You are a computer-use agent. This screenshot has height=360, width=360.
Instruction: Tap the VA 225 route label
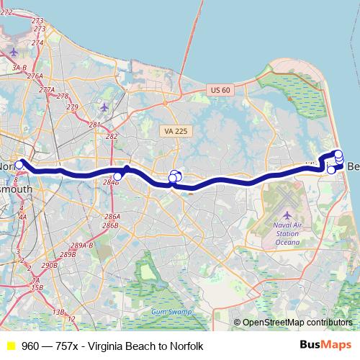click(174, 130)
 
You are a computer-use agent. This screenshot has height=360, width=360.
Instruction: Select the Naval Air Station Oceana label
click(287, 233)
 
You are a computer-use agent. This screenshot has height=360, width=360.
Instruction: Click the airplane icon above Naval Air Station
click(287, 215)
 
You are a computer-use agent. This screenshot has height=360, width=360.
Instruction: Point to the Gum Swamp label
click(167, 312)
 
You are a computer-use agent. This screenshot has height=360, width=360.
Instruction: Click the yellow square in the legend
click(10, 346)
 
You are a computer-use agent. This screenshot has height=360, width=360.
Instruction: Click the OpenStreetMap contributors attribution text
click(297, 323)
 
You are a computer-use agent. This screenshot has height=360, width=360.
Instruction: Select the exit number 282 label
click(112, 135)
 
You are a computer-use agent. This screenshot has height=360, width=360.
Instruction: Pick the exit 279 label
click(72, 107)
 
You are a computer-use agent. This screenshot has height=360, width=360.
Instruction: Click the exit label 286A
click(112, 216)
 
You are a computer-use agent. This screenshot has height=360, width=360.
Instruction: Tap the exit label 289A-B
click(82, 246)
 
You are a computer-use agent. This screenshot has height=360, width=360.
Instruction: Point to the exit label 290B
click(49, 265)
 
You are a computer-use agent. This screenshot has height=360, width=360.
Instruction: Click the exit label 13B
click(59, 311)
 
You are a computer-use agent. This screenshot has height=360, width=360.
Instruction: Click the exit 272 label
click(6, 12)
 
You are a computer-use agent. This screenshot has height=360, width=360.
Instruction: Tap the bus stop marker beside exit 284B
click(118, 176)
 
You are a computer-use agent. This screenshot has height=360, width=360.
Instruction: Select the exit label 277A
click(47, 89)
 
